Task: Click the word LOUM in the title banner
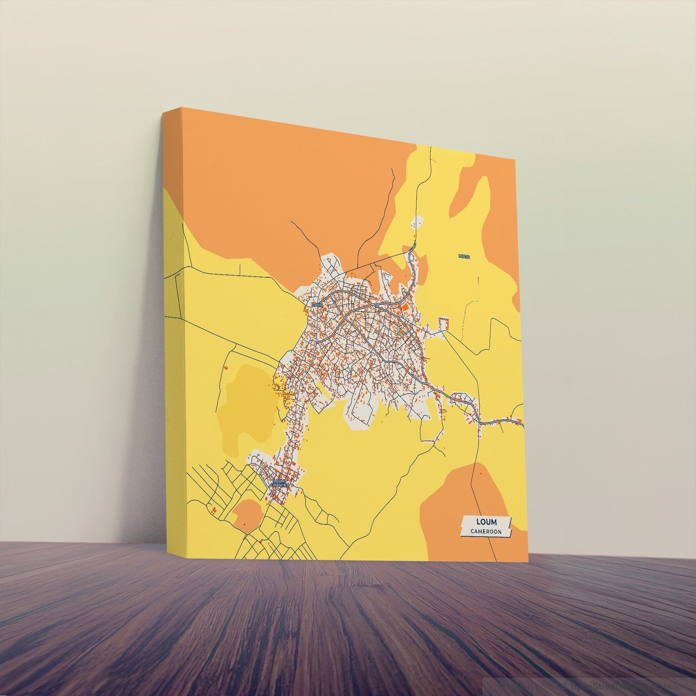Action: coord(486,522)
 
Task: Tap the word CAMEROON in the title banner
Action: coord(486,532)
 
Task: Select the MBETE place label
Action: coord(464,256)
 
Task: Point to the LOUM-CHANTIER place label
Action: coord(280,483)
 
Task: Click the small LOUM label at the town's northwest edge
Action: coord(317,304)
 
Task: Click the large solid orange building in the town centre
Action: coord(406,306)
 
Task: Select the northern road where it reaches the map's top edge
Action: coord(430,147)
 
